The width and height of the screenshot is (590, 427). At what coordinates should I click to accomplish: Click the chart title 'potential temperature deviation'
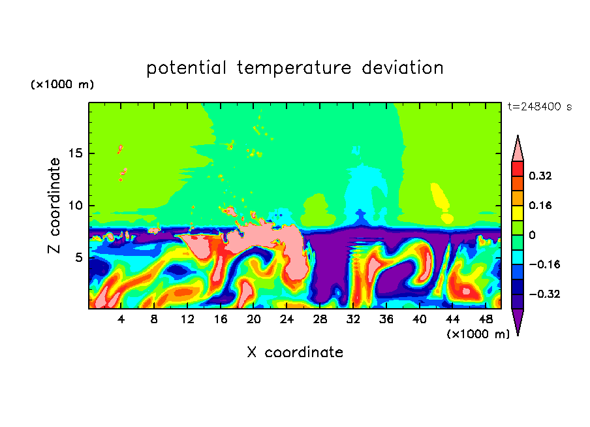(x=295, y=68)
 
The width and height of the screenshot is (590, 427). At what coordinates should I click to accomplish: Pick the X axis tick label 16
(x=221, y=319)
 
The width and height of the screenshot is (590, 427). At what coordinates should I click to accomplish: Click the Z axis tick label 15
(x=74, y=153)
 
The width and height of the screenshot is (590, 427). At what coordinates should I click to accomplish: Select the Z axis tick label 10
(x=74, y=206)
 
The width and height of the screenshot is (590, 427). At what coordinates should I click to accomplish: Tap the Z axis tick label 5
(x=77, y=258)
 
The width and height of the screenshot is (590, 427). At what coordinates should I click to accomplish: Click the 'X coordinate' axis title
(x=295, y=353)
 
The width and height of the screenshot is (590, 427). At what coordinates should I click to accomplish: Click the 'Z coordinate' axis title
(x=54, y=206)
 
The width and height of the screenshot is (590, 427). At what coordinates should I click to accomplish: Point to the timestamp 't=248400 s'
(x=540, y=107)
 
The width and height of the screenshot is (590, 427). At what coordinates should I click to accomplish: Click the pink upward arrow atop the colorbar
(x=518, y=149)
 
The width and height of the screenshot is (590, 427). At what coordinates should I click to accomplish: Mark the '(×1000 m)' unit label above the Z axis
(x=63, y=85)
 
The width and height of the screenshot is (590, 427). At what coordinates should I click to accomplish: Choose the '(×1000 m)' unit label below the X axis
(x=478, y=334)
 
